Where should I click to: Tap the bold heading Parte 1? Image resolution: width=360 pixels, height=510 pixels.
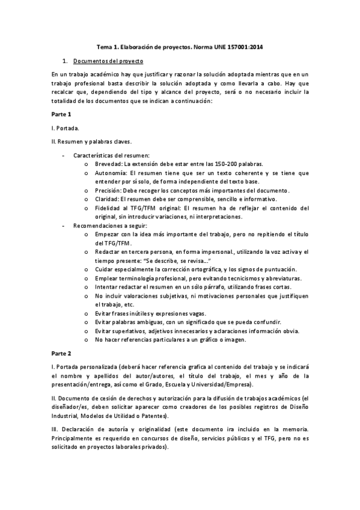click(61, 114)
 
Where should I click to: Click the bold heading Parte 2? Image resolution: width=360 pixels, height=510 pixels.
click(61, 354)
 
